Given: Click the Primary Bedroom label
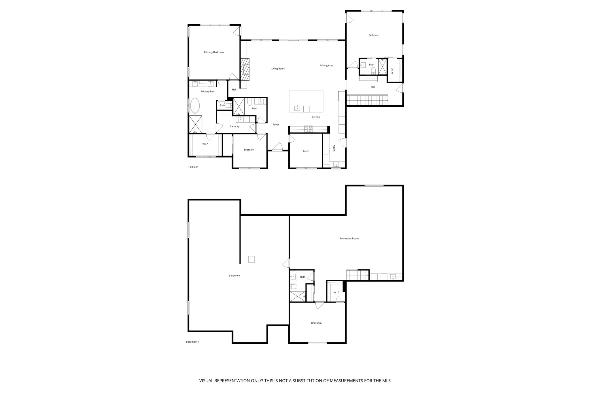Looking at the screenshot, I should point(213,52).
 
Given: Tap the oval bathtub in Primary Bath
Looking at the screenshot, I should point(195,106).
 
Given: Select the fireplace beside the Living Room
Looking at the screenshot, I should point(245,70).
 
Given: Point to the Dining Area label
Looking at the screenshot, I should point(326,65).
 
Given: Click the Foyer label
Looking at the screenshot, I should point(276,125).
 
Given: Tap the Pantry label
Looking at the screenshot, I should point(334,148).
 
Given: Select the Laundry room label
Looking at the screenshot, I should point(235,126).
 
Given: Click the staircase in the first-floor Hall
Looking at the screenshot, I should point(367,100).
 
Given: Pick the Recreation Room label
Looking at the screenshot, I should point(349,239).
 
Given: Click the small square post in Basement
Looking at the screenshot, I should point(251,259).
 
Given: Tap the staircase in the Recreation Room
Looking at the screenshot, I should point(358,275).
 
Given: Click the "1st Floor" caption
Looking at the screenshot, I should point(193,167).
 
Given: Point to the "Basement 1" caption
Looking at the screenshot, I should point(192,342).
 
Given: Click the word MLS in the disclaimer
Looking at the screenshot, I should point(386,381).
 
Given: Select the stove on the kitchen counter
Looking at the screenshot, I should point(308,129).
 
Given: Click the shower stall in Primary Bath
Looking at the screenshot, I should point(195,124).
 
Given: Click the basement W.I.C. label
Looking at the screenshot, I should point(337,292).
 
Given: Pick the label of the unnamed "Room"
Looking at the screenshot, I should point(306,151).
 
